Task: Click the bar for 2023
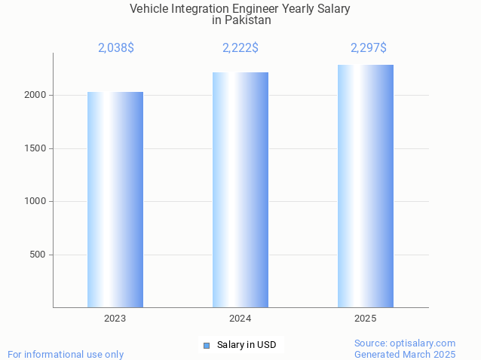115,200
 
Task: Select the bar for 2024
240,190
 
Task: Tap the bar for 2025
366,186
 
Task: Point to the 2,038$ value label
116,48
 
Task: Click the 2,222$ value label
240,48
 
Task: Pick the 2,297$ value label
369,48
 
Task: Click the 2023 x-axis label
115,319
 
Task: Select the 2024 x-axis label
240,319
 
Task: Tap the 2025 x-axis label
366,319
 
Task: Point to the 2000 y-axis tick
36,96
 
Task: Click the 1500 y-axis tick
36,148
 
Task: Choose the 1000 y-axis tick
36,201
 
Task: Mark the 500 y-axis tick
38,255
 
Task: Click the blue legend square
207,346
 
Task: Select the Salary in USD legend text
247,345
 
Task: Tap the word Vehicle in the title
149,8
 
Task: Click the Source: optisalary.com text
405,343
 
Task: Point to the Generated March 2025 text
405,354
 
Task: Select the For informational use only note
66,354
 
